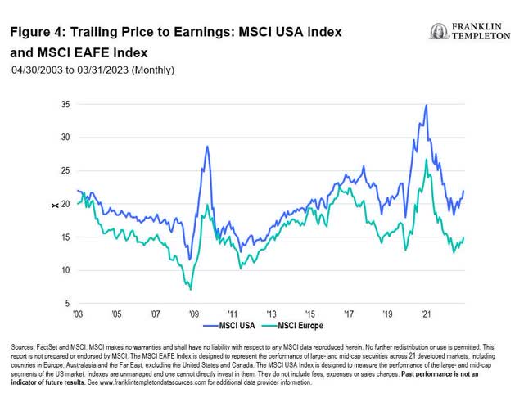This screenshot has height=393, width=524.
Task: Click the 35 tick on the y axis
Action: tap(65, 105)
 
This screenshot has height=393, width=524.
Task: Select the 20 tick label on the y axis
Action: tap(65, 204)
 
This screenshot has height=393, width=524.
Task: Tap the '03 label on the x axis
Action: tap(78, 314)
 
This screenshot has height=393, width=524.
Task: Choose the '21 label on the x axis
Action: tap(426, 314)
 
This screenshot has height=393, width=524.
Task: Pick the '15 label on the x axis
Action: tap(309, 314)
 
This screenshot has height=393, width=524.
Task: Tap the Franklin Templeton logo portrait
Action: tap(438, 31)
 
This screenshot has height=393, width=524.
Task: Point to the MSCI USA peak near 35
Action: tap(426, 105)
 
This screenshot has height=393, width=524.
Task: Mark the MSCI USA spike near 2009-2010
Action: tap(207, 147)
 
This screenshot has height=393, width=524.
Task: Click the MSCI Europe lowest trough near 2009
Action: tap(191, 289)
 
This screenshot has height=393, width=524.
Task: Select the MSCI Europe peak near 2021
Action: tap(426, 160)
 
